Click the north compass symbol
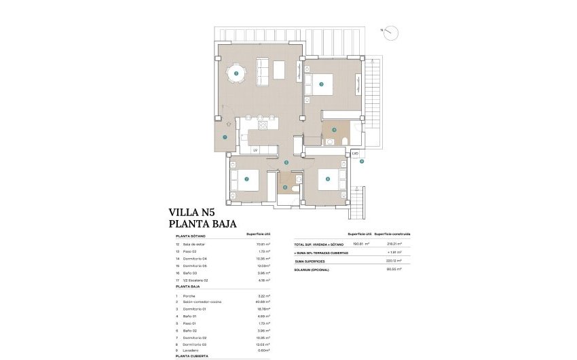392,31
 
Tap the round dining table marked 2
236,73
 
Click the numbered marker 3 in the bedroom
321,84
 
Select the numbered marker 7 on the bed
246,179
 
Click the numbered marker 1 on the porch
225,137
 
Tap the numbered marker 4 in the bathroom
334,130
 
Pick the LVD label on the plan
355,154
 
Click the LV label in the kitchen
255,149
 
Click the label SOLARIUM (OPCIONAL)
312,270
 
